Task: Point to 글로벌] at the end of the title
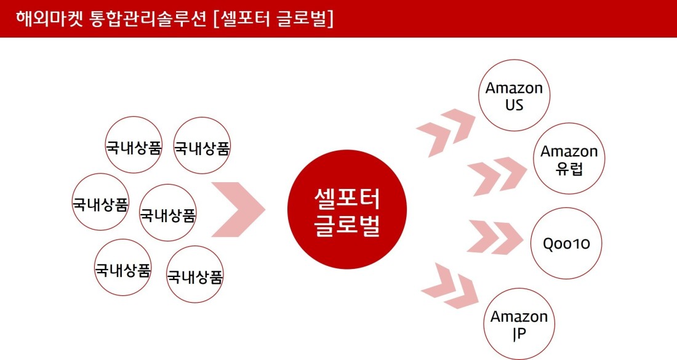tap(305, 19)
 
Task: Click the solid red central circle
tap(347, 209)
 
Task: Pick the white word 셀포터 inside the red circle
tap(347, 198)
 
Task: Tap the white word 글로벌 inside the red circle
tap(347, 225)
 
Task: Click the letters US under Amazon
tap(514, 105)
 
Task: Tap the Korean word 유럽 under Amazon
tap(569, 169)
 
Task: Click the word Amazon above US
tap(514, 88)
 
